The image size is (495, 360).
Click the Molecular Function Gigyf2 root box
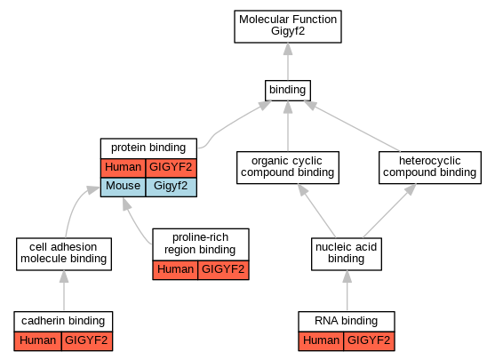pos(288,27)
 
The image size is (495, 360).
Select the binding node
pos(288,91)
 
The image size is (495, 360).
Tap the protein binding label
pos(148,148)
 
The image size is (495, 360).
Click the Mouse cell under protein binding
pos(124,187)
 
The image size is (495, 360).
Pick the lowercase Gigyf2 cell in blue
pos(171,187)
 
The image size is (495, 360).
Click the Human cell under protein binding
pos(124,168)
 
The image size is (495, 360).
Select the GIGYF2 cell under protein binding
pos(171,168)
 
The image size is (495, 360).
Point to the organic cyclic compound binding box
pos(288,167)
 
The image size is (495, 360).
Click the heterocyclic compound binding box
pos(430,167)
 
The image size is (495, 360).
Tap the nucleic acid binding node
pos(347,254)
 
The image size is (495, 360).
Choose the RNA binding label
pos(347,321)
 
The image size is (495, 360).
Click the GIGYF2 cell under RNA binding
pos(369,341)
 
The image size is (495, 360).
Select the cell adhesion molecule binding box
pos(64,254)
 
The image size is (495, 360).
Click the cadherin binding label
pos(63,321)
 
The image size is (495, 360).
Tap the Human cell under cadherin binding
pos(38,341)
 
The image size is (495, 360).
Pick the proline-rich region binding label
pos(201,244)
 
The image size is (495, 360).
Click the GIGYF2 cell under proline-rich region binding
pos(223,270)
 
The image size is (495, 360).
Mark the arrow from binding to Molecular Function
pos(288,61)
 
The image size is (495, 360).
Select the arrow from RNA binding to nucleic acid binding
pos(347,291)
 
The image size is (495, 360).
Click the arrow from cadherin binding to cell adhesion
pos(64,291)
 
